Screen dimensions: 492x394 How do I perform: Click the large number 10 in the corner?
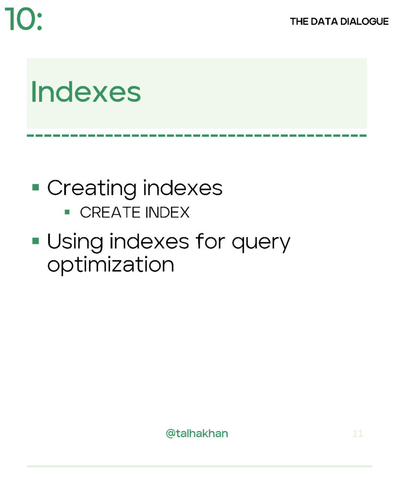pos(19,21)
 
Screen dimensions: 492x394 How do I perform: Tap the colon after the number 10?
pos(39,22)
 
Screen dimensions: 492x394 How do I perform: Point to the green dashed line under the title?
pos(196,135)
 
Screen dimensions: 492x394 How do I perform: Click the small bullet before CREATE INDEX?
pos(67,211)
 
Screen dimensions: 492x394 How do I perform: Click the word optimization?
pos(110,265)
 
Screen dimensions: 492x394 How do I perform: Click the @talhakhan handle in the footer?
pos(197,433)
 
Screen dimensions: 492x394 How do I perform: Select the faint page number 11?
pos(357,433)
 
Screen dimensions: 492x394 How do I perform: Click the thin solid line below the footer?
pos(199,466)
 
